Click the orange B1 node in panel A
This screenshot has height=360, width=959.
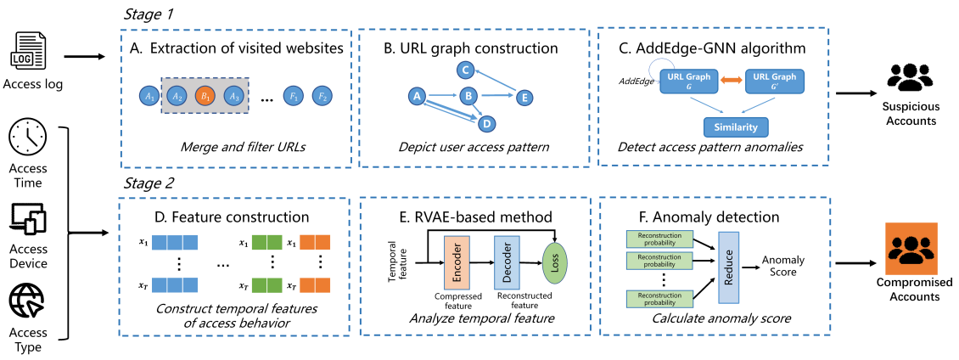coord(205,97)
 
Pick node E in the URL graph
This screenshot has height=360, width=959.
coord(524,98)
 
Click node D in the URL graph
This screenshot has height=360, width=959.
coord(486,124)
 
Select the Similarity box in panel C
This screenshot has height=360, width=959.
coord(736,127)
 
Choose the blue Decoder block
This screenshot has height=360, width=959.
coord(507,263)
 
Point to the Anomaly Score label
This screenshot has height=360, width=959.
coord(783,266)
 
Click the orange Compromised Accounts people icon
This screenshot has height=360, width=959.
coord(913,247)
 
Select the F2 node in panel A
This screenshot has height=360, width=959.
coord(321,97)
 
